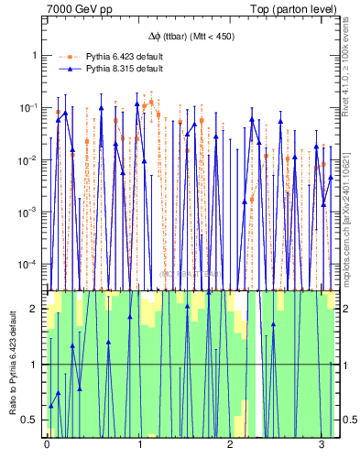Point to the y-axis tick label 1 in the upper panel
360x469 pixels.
[35, 55]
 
